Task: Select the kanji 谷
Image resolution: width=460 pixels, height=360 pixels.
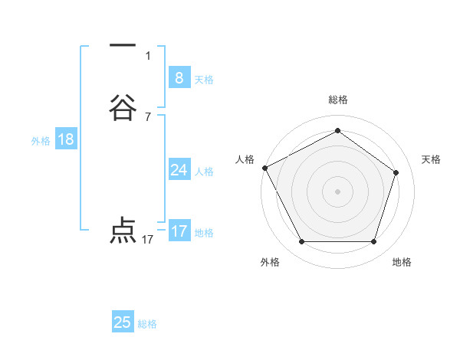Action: coord(123,108)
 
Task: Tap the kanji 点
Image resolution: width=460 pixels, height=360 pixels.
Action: coord(123,231)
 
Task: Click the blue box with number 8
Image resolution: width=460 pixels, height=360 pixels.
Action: coord(179,77)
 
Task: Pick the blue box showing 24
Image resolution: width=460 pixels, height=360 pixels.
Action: coord(179,170)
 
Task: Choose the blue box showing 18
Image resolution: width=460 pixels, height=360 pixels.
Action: coord(65,139)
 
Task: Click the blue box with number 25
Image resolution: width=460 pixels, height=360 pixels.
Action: coord(123,322)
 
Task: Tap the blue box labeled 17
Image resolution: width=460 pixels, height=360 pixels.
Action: coord(179,231)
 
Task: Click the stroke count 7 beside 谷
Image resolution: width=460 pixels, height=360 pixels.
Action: coord(148,116)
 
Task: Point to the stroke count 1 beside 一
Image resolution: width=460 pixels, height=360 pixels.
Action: coord(148,55)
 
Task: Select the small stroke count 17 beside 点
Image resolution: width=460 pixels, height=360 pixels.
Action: coord(148,240)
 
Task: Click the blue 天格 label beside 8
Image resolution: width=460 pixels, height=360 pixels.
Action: coord(204,80)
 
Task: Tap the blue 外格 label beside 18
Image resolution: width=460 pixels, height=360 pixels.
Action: coord(41,141)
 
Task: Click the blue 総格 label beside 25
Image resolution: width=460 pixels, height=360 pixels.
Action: coord(147,324)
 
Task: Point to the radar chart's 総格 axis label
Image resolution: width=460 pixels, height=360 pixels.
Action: coord(337,100)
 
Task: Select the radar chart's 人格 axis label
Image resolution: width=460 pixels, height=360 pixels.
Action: coord(245,159)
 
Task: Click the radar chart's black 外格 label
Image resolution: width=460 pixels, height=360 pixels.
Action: coord(270,262)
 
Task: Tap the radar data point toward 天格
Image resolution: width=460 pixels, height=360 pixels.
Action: coord(396,172)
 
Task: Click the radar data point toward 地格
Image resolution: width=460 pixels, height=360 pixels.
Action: coord(373,241)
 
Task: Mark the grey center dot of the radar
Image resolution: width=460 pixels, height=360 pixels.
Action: coord(337,191)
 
